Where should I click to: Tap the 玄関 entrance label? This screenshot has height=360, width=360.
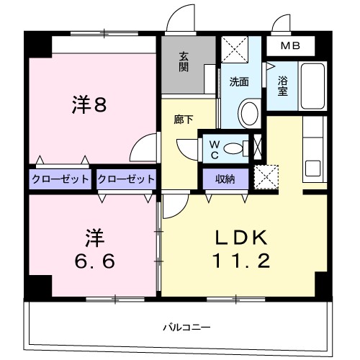(185, 63)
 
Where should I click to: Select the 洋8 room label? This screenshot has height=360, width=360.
(89, 104)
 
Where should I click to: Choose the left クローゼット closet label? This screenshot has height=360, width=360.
(60, 179)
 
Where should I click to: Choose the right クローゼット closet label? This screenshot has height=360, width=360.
(126, 179)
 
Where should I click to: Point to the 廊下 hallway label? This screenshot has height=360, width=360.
(184, 120)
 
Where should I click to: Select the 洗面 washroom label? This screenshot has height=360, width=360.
(239, 81)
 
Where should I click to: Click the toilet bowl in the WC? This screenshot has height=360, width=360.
(235, 148)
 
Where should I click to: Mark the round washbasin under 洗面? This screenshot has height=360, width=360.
(248, 113)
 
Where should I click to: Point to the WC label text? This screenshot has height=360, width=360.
(215, 148)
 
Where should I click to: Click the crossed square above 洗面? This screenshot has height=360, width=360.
(235, 49)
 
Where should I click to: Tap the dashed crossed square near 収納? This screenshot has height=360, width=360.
(266, 176)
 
